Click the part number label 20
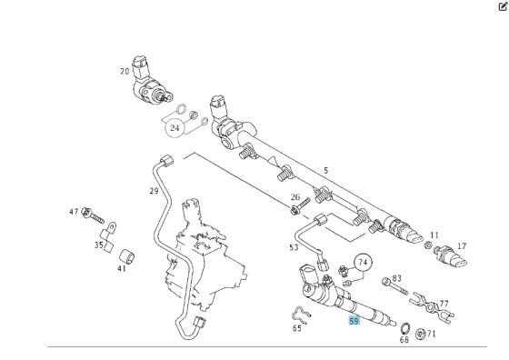125,71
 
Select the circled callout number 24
174,128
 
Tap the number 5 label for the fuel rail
326,170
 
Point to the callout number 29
155,191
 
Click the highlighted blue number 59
354,321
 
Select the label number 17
462,246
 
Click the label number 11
434,235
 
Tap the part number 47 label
74,212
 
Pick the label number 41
122,268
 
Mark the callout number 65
297,328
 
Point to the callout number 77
444,305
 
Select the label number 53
294,247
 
